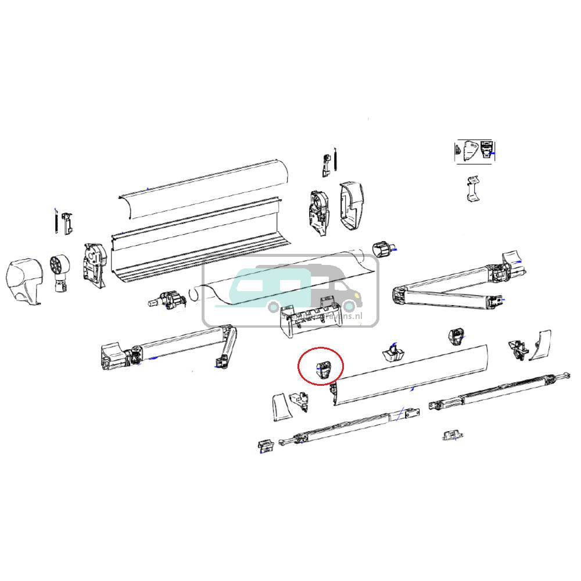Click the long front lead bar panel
[413, 375]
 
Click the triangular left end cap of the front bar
[278, 407]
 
